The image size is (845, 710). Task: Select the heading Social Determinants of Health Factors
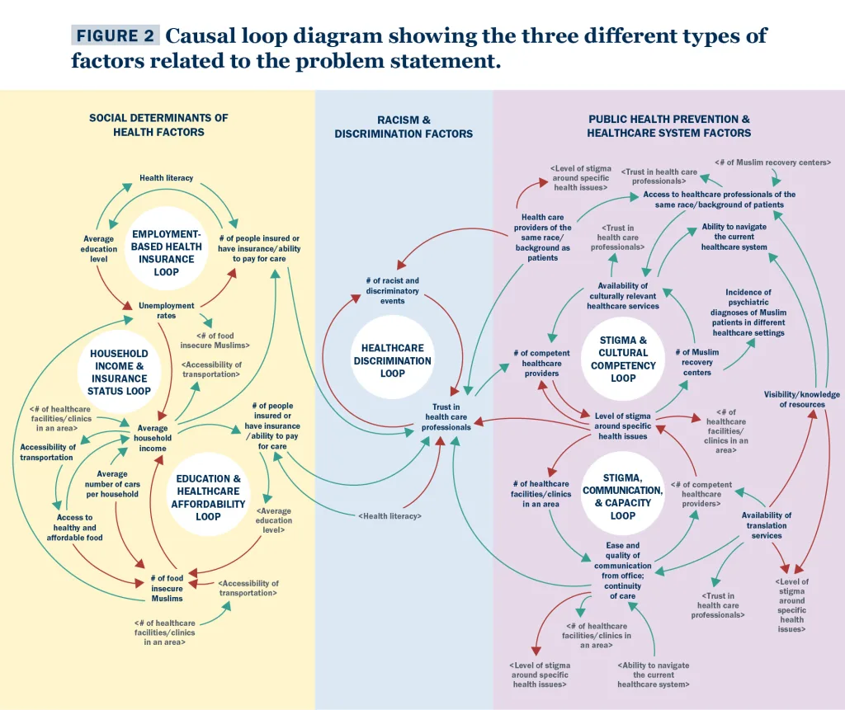coord(158,125)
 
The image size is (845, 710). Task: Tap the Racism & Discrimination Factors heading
coord(404,127)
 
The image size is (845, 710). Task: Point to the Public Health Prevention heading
coord(668,125)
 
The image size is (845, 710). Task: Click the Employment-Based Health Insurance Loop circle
coord(166,252)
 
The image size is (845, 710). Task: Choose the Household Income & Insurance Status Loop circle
coord(120,372)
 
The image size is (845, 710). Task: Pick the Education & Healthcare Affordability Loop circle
coord(208,497)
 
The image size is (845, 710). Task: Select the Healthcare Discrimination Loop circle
coord(393,360)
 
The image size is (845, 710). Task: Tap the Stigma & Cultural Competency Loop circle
coord(623,359)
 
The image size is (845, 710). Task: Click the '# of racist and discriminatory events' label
coord(393,290)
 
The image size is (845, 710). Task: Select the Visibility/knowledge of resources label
coord(801,399)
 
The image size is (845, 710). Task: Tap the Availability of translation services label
coord(767,525)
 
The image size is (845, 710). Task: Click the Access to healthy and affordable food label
coord(74,528)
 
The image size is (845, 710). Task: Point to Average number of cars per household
coord(112,484)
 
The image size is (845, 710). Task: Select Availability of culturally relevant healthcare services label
coord(623,296)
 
